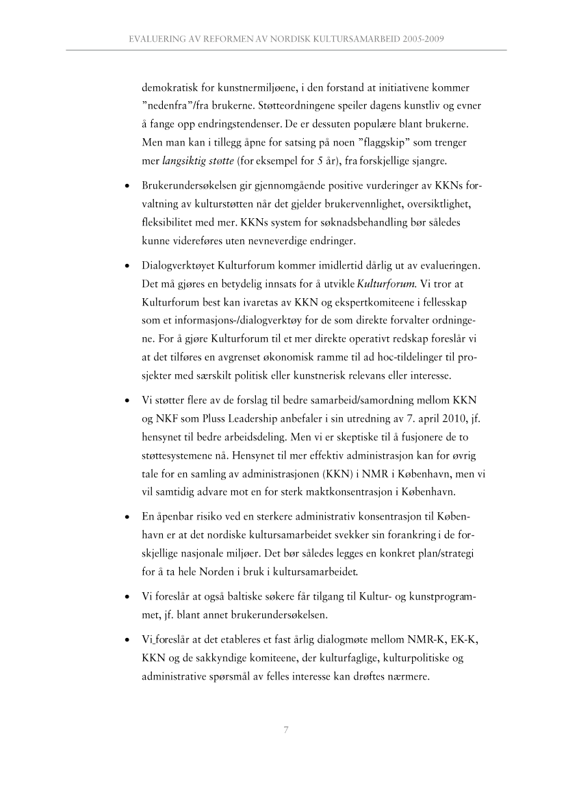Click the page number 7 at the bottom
(x=285, y=729)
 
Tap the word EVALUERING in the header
(x=159, y=40)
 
